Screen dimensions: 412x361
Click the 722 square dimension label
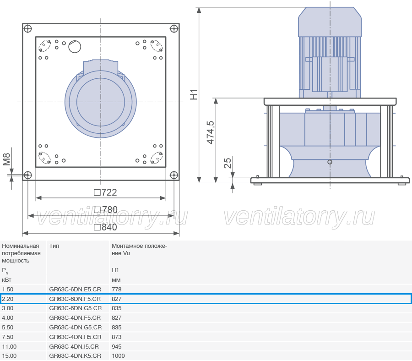point(105,192)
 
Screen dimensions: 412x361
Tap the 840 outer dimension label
point(105,227)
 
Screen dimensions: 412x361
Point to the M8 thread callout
point(6,159)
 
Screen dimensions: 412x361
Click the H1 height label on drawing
point(194,95)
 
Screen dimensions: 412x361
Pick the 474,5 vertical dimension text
point(211,132)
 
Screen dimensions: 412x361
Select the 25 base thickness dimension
point(228,163)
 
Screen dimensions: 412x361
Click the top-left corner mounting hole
point(27,29)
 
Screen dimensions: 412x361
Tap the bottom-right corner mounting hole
point(174,175)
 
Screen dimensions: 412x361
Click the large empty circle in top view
point(75,47)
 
